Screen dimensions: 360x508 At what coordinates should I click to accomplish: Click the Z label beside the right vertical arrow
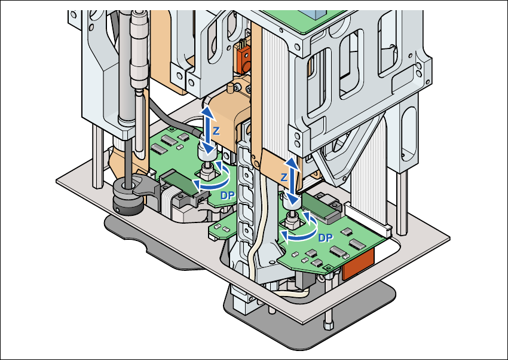coord(284,178)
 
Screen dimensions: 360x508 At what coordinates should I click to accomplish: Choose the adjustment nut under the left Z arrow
coord(207,172)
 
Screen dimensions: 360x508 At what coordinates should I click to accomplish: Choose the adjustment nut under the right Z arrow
coord(292,220)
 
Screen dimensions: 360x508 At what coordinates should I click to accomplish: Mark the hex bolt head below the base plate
coord(328,324)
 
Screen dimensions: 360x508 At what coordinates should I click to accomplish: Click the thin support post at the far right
coord(404,197)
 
